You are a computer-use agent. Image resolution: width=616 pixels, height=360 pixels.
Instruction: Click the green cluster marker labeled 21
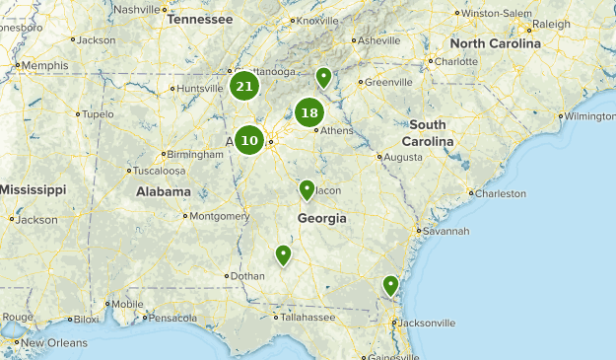[x=244, y=87]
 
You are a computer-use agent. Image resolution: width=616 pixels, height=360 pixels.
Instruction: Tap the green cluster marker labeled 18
[x=309, y=112]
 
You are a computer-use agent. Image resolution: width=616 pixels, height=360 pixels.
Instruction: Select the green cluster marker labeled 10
[x=249, y=140]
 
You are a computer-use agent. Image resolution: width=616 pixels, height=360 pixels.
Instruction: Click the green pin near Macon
[x=307, y=188]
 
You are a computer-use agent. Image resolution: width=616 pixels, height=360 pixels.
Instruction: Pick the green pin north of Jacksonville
[x=390, y=285]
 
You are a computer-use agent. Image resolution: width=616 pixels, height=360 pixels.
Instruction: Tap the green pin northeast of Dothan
[x=284, y=254]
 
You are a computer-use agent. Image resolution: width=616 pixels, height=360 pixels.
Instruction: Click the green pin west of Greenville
[x=323, y=77]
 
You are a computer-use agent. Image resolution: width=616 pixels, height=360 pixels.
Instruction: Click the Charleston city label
[x=500, y=193]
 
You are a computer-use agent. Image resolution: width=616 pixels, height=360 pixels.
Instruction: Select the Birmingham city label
[x=197, y=155]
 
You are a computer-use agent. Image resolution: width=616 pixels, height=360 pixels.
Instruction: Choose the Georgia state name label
[x=321, y=218]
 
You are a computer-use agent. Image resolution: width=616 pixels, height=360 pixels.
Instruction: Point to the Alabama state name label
[x=163, y=191]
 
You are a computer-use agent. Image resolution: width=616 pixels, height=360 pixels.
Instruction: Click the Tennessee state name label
[x=200, y=19]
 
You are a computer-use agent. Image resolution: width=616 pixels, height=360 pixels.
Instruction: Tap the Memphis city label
[x=44, y=65]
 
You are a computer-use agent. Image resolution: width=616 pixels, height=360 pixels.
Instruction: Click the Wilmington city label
[x=589, y=116]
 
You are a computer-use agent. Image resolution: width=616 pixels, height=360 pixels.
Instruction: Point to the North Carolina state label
[x=495, y=44]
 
